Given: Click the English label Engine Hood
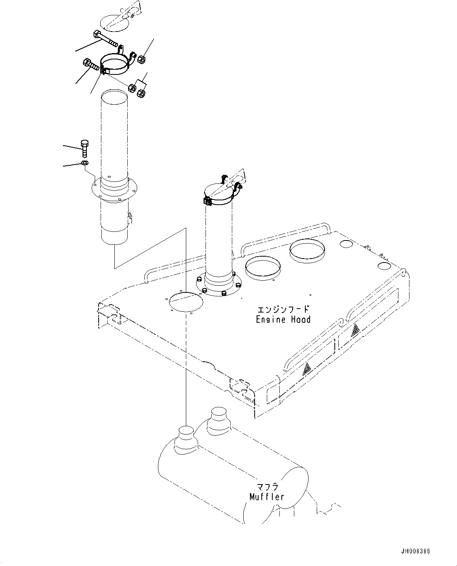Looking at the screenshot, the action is click(x=283, y=319).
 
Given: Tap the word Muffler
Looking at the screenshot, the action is click(x=266, y=497).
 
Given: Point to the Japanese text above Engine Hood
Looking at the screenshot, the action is click(x=283, y=309).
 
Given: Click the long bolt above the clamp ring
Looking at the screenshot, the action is click(x=105, y=39).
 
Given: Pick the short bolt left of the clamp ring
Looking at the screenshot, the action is click(x=91, y=65).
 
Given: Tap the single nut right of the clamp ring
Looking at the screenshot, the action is click(x=141, y=59).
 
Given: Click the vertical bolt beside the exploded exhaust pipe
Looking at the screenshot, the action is click(x=84, y=148).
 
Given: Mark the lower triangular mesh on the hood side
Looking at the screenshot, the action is click(x=307, y=369).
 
